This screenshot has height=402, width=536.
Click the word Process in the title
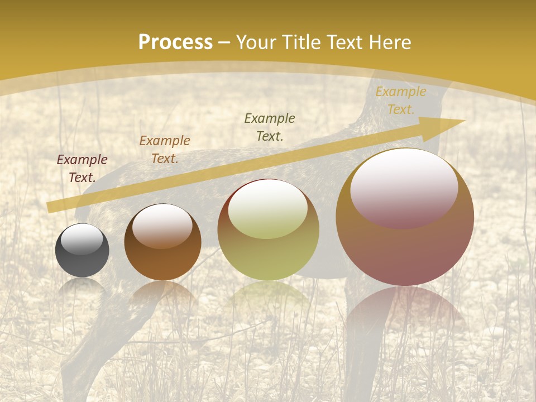click(175, 42)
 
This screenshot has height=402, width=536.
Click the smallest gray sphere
click(82, 251)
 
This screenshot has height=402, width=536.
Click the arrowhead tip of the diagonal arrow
click(463, 121)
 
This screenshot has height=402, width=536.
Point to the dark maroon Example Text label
click(82, 169)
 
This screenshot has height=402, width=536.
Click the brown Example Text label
click(165, 150)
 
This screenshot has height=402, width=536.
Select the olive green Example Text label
click(270, 127)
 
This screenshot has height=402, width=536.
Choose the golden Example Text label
click(401, 100)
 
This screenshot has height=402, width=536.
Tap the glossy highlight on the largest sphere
click(404, 187)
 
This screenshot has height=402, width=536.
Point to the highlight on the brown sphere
click(162, 225)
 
